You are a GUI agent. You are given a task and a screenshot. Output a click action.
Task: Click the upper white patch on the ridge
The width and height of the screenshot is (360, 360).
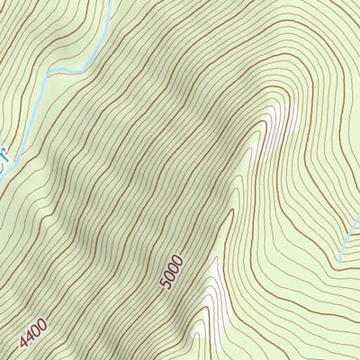point(279,126)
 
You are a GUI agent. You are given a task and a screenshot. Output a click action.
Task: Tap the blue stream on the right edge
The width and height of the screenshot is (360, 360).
point(349,238)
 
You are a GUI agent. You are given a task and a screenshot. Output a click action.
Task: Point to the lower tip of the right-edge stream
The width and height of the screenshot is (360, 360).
point(339,261)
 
